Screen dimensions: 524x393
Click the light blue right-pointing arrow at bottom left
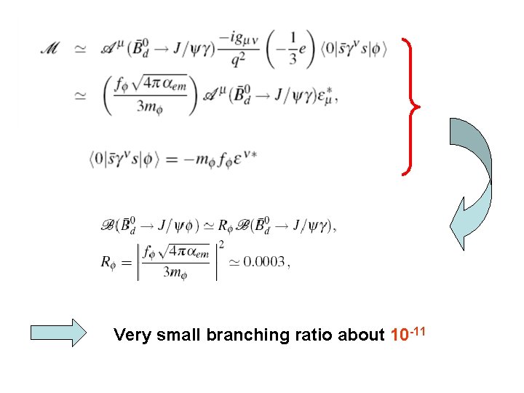point(57,333)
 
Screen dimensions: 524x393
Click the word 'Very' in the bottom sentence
point(131,336)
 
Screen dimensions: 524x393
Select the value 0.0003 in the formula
point(264,262)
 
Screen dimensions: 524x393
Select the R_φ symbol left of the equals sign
point(111,262)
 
